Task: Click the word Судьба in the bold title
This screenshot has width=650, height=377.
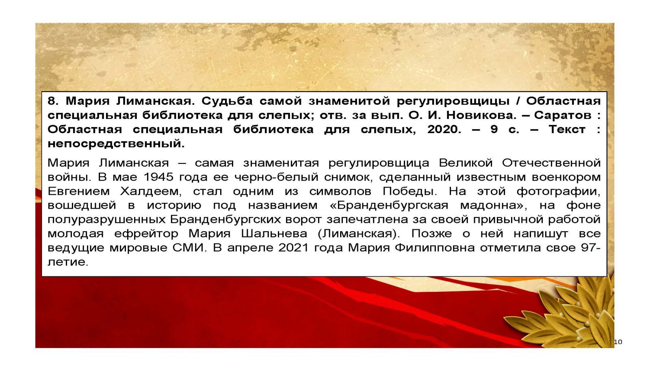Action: point(227,101)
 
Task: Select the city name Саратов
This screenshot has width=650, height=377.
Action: point(563,115)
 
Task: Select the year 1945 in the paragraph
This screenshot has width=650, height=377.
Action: point(158,177)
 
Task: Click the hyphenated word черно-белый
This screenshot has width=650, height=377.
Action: point(276,177)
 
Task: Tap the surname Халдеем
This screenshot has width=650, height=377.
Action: point(151,192)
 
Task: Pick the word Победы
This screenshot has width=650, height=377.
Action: point(409,192)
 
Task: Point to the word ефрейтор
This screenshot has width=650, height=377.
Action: point(146,234)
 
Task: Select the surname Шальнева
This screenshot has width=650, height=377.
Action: point(274,234)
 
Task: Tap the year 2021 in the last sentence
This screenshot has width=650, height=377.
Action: point(293,248)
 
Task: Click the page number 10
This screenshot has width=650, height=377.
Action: point(618,342)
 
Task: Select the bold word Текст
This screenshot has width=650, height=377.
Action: point(567,129)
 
